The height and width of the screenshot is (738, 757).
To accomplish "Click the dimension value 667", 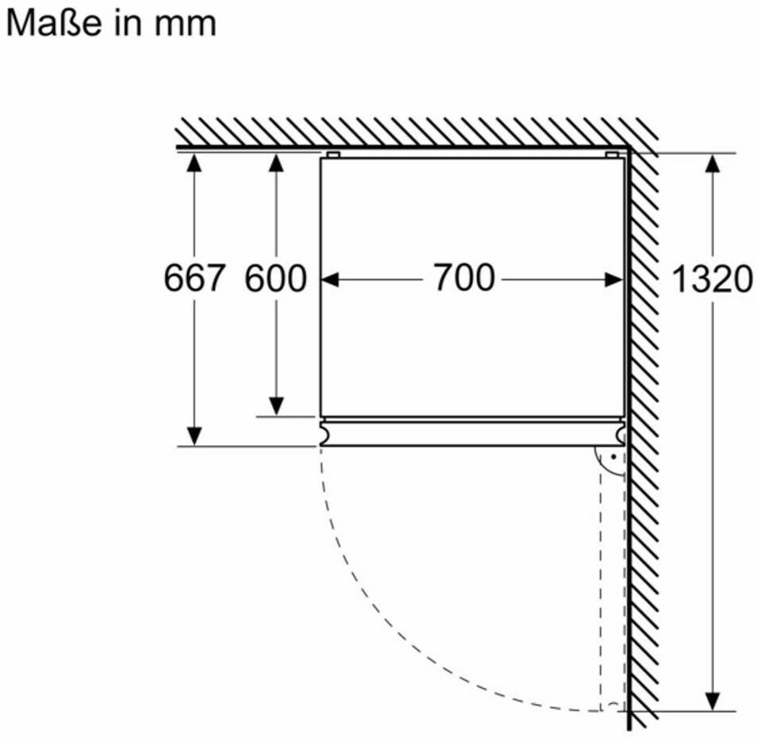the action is point(194,278).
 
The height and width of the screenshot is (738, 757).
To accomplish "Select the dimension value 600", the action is point(275,278).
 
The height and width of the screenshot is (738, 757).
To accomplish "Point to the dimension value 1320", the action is point(712,279).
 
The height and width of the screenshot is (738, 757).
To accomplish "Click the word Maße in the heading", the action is point(54,23).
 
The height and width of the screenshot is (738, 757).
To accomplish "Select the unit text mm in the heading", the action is point(186,25).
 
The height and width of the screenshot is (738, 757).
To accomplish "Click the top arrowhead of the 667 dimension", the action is point(194,163).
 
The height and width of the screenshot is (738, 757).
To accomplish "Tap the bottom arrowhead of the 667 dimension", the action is point(194,436).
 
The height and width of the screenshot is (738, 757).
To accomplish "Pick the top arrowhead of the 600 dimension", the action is point(275,163).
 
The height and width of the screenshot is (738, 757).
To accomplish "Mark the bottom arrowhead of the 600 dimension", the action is point(275,406).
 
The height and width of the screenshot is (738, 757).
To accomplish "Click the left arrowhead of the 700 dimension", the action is point(331,279).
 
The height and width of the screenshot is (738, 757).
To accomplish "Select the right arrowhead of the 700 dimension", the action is point(614,279).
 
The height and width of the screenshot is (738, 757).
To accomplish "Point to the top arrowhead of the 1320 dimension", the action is point(713,163).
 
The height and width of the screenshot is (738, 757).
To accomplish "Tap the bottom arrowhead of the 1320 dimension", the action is point(713,701).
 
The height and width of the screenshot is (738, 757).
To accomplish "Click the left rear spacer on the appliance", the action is point(333,155).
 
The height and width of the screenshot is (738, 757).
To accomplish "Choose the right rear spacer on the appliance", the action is point(612,155).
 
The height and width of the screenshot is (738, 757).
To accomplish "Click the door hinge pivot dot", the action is point(613,456).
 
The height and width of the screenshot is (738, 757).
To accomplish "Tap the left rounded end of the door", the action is point(325,432).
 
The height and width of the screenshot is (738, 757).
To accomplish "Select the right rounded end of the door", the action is point(620,432).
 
